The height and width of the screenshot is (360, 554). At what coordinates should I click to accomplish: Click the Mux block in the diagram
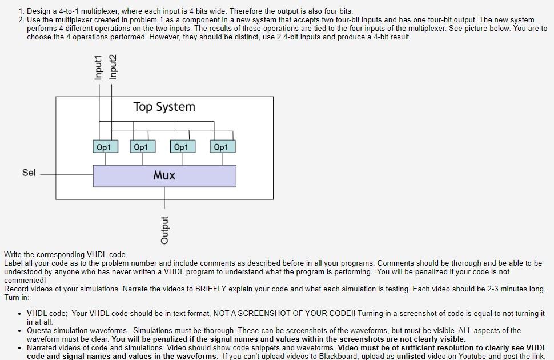pos(164,175)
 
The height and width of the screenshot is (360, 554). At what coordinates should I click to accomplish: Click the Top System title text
pos(164,107)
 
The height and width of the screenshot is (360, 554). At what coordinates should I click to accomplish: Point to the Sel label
pos(29,173)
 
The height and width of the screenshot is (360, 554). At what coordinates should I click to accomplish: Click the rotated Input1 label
pos(98,67)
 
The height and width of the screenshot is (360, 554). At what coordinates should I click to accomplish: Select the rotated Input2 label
pos(113,67)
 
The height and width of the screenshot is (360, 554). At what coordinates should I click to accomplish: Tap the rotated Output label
pos(164,230)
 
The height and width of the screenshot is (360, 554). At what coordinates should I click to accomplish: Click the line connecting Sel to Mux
pos(66,174)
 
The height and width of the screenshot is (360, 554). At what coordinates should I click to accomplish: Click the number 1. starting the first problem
pos(21,11)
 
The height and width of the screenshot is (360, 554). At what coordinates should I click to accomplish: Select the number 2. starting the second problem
pos(21,19)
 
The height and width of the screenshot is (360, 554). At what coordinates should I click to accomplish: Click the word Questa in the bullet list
pos(39,330)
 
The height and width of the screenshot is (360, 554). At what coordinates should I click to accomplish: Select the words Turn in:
pos(16,297)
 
